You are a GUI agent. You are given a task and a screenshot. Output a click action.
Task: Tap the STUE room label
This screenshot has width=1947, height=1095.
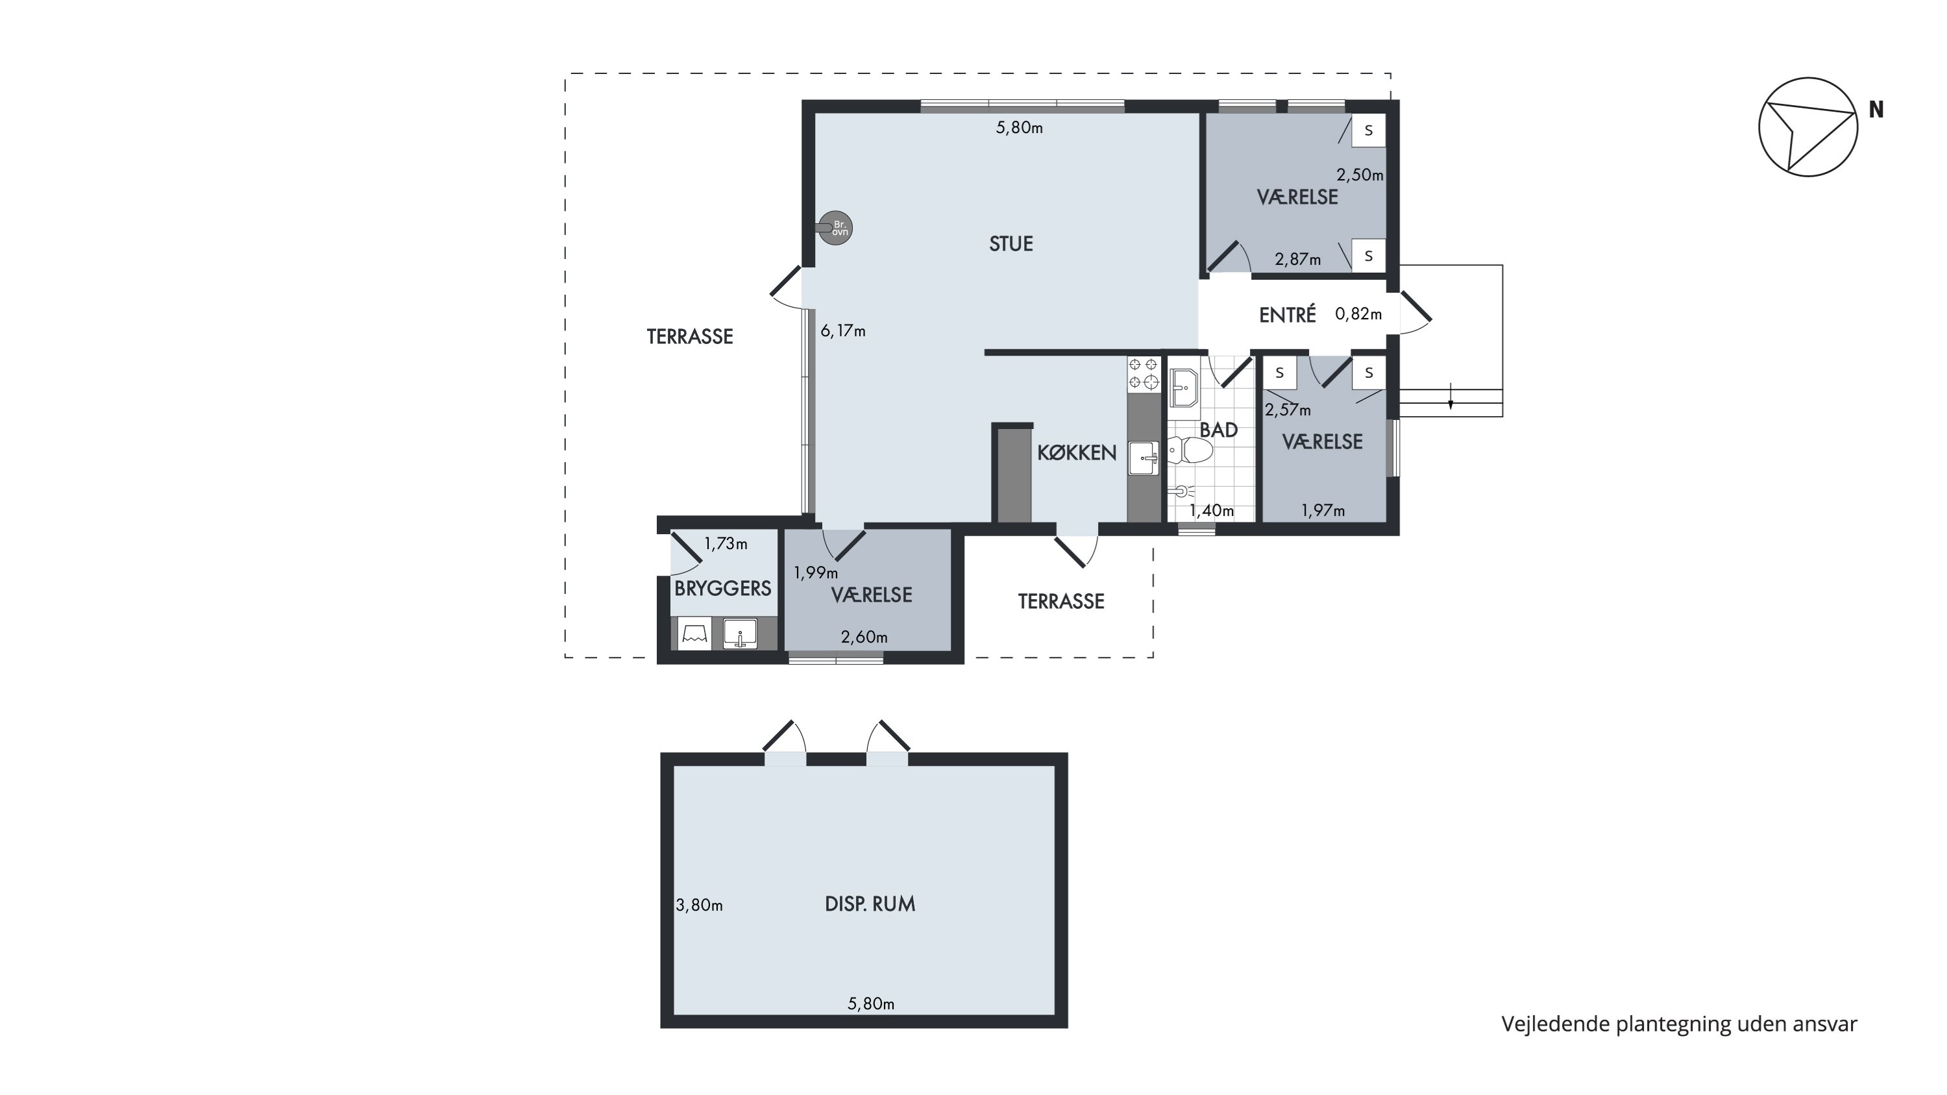pyautogui.click(x=1010, y=243)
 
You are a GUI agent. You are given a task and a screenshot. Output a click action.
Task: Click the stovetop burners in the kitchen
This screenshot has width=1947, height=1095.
pyautogui.click(x=1143, y=374)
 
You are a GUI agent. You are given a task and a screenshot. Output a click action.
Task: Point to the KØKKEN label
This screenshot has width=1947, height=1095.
pyautogui.click(x=1076, y=452)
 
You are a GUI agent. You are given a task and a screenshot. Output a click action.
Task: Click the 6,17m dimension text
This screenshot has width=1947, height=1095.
pyautogui.click(x=843, y=331)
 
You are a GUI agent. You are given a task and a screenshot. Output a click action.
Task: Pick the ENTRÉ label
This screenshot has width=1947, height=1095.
pyautogui.click(x=1287, y=315)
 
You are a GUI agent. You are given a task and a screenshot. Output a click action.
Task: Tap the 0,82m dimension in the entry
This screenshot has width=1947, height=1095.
pyautogui.click(x=1358, y=314)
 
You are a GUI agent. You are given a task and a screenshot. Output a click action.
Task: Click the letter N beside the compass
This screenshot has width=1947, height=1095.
pyautogui.click(x=1876, y=110)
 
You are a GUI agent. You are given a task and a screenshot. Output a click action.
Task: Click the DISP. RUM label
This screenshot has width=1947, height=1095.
pyautogui.click(x=870, y=904)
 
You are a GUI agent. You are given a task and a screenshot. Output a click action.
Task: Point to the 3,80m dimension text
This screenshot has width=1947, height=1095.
pyautogui.click(x=699, y=905)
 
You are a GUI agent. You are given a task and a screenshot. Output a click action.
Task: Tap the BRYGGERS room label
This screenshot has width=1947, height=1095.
pyautogui.click(x=722, y=589)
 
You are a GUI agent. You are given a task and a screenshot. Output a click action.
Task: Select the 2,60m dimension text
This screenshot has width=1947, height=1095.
pyautogui.click(x=864, y=637)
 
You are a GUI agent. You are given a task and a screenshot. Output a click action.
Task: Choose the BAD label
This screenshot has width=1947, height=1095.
pyautogui.click(x=1218, y=430)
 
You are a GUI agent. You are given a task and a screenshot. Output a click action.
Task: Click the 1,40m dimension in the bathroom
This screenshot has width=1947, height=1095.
pyautogui.click(x=1212, y=511)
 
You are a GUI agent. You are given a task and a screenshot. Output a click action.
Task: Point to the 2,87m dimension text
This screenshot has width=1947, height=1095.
pyautogui.click(x=1298, y=259)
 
